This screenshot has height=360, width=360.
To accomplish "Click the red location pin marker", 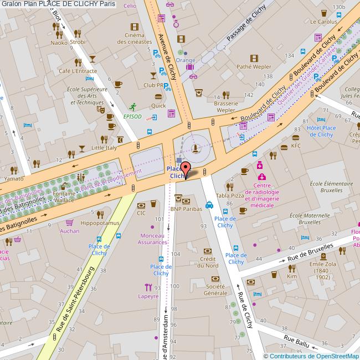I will click(x=185, y=169).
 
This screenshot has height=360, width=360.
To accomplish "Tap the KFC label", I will click(x=296, y=146).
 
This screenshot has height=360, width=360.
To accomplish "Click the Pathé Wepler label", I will click(x=254, y=66).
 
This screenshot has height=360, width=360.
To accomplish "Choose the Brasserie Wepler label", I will click(x=226, y=106).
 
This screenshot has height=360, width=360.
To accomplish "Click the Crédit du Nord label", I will click(x=208, y=262).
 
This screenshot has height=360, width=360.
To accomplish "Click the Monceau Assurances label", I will click(x=152, y=239).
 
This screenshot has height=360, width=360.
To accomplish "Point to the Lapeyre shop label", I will click(x=148, y=296).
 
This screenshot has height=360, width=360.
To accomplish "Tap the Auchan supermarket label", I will click(x=69, y=230).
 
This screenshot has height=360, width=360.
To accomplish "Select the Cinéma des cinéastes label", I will click(x=135, y=38).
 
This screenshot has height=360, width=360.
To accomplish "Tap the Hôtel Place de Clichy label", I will click(x=321, y=131).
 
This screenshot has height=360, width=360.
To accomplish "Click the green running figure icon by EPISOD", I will click(x=132, y=106).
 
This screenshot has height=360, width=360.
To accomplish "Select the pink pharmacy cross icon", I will click(x=260, y=165).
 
